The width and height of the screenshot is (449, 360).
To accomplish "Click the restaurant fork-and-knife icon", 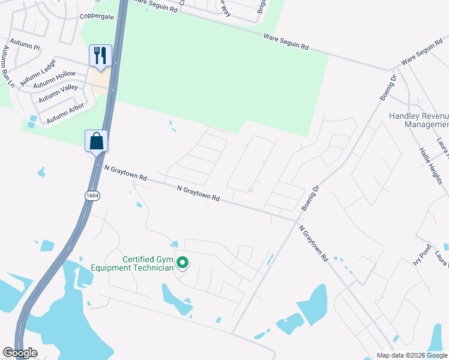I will coord(100,55).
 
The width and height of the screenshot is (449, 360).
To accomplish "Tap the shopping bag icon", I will coord(96,142).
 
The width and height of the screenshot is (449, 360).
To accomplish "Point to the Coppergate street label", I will coord(97,16).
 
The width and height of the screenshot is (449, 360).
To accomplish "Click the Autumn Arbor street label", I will coord(65,113).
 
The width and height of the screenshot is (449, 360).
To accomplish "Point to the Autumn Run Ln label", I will coord(8,66).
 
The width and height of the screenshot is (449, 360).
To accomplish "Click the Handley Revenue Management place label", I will coord(418,121).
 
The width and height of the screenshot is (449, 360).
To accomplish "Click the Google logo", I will coord(20,353).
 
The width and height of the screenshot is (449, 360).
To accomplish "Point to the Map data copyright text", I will coord(411,355).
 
